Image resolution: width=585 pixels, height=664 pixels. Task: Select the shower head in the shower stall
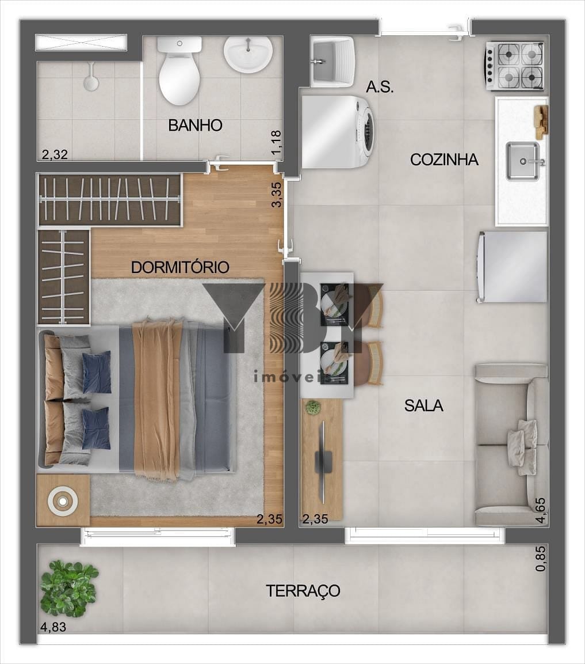pos(90,78)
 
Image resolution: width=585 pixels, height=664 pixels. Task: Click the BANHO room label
pos(195,126)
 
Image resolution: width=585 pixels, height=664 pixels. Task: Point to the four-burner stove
pos(515,66)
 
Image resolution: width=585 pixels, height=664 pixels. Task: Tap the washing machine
pos(338,132)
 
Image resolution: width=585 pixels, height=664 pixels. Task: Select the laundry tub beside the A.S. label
pos(332,62)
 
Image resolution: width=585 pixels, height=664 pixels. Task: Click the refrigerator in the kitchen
pos(512,267)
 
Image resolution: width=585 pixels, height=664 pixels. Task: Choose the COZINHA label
pos(444,160)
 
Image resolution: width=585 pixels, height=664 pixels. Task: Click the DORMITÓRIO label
pos(180,267)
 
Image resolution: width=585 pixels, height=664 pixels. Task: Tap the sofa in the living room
pos(511,445)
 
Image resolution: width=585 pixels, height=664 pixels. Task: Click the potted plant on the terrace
pos(69,588)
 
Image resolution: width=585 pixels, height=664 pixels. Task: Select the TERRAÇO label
pos(303,591)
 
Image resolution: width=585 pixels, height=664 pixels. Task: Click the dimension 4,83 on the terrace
pos(53,627)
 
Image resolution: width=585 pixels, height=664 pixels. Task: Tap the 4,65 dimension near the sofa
pos(541,511)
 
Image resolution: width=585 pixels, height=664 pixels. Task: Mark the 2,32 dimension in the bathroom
pos(55,154)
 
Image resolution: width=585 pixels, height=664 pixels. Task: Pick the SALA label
pos(424,405)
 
